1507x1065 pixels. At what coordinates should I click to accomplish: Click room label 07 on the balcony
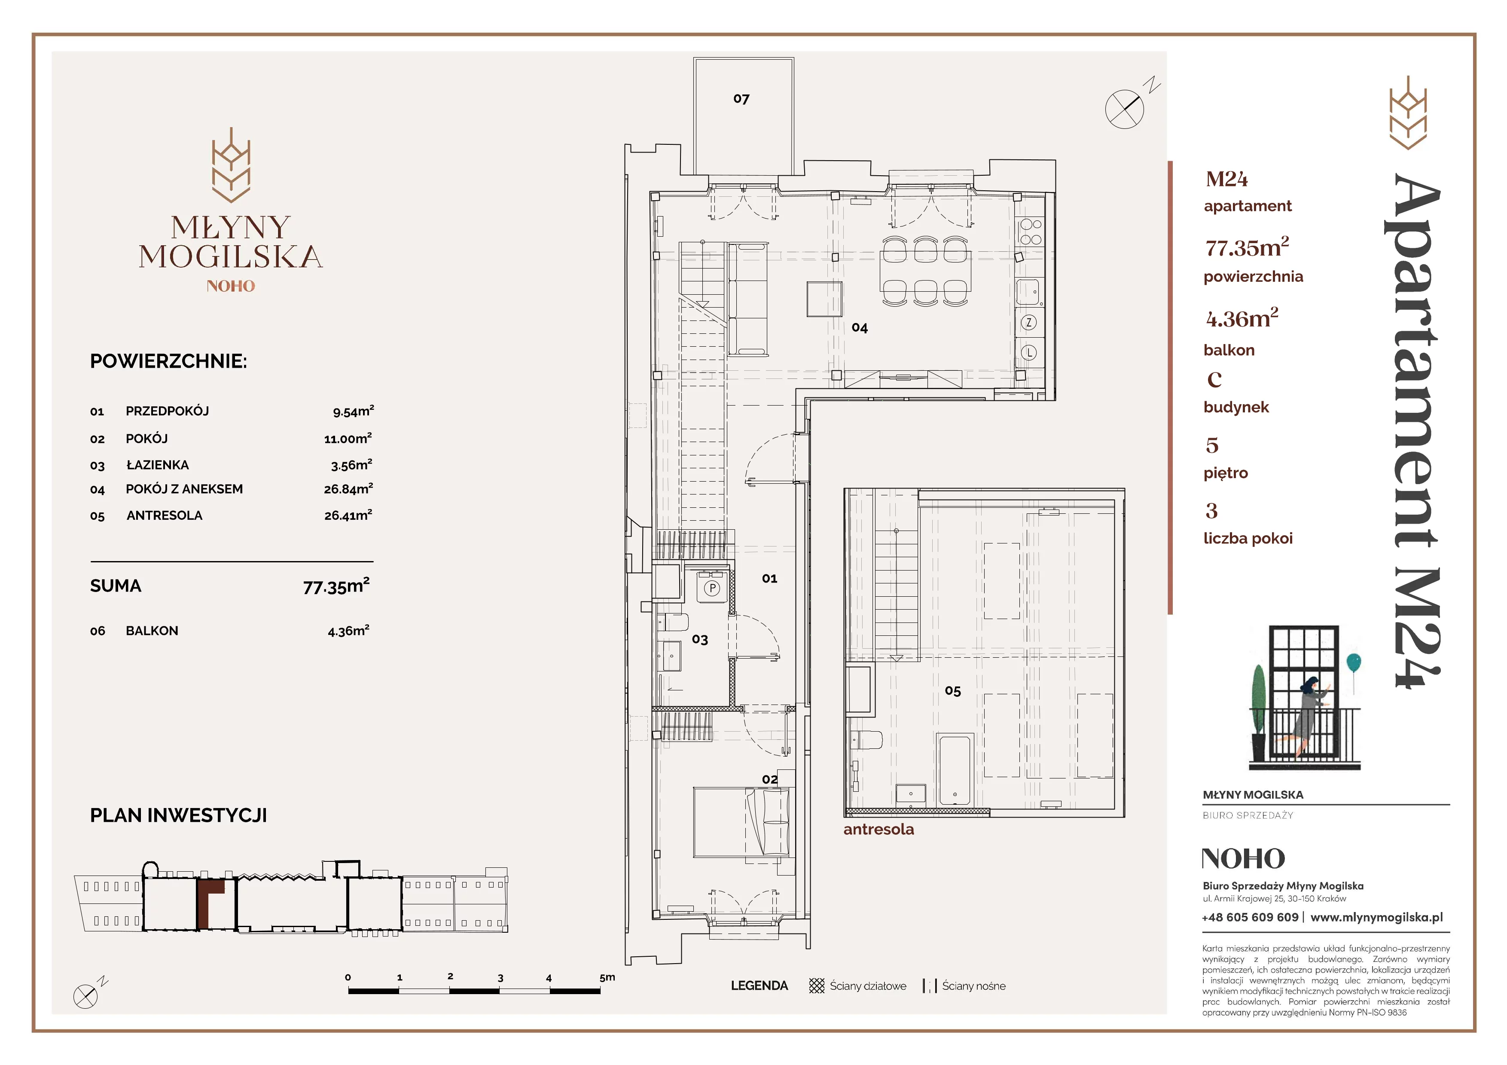pyautogui.click(x=741, y=99)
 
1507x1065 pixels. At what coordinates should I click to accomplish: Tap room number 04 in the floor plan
pyautogui.click(x=859, y=327)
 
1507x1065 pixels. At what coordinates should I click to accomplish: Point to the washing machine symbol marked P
pyautogui.click(x=712, y=589)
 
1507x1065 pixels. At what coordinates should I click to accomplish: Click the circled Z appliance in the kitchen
pyautogui.click(x=1028, y=322)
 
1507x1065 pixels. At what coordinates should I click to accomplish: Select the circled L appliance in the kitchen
pyautogui.click(x=1028, y=352)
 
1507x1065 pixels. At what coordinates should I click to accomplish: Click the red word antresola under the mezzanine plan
pyautogui.click(x=878, y=830)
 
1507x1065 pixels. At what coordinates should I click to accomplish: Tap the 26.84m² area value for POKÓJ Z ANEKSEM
pyautogui.click(x=348, y=489)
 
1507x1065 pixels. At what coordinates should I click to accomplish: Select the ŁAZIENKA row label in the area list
pyautogui.click(x=158, y=464)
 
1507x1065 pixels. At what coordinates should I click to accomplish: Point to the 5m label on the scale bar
pyautogui.click(x=607, y=977)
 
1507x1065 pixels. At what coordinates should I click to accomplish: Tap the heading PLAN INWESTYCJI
pyautogui.click(x=179, y=816)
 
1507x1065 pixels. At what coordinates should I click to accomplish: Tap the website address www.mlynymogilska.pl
pyautogui.click(x=1376, y=917)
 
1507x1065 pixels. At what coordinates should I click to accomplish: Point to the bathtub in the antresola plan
pyautogui.click(x=955, y=770)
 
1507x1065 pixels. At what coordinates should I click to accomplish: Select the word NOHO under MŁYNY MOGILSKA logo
pyautogui.click(x=230, y=286)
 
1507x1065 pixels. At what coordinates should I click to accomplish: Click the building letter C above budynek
pyautogui.click(x=1214, y=379)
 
